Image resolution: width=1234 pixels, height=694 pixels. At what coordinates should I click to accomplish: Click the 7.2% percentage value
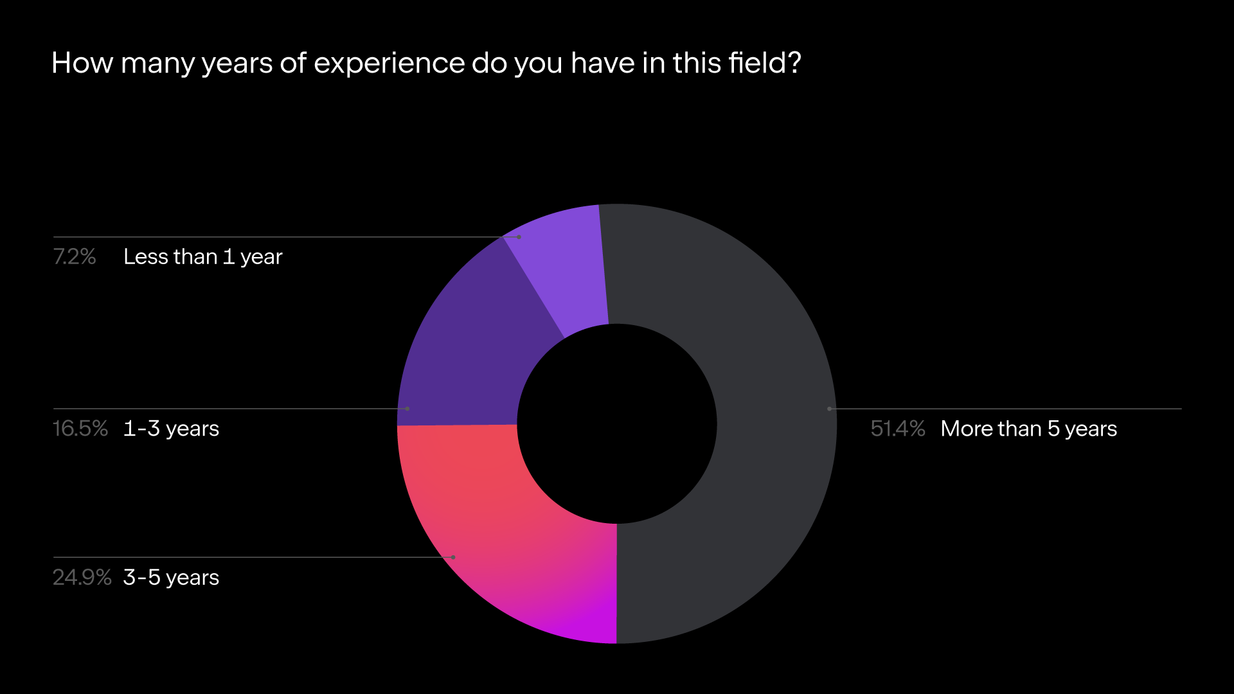coord(75,257)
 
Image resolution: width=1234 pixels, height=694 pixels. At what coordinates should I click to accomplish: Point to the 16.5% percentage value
coord(80,429)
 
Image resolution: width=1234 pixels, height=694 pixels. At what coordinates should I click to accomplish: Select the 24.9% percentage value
coord(82,578)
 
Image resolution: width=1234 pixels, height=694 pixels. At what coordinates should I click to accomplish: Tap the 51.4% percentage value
coord(898,429)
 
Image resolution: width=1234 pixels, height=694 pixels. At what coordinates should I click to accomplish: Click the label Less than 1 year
coord(203,257)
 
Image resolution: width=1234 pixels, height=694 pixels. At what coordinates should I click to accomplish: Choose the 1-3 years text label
coord(171,429)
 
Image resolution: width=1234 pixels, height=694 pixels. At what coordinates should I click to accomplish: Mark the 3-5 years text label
coord(171,578)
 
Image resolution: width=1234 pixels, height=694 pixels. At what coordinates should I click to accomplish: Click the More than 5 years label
coord(1029,429)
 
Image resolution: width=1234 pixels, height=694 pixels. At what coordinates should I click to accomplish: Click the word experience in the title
coord(389,64)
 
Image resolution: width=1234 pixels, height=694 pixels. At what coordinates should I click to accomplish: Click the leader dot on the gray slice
coord(830,409)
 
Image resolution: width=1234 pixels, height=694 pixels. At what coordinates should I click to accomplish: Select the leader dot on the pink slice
coord(453,557)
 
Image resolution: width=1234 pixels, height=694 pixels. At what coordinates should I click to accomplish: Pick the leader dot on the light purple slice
coord(519,237)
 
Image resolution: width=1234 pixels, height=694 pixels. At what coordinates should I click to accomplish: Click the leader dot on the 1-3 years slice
coord(407,409)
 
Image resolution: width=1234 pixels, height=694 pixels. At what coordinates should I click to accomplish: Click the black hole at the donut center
coord(617,424)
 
